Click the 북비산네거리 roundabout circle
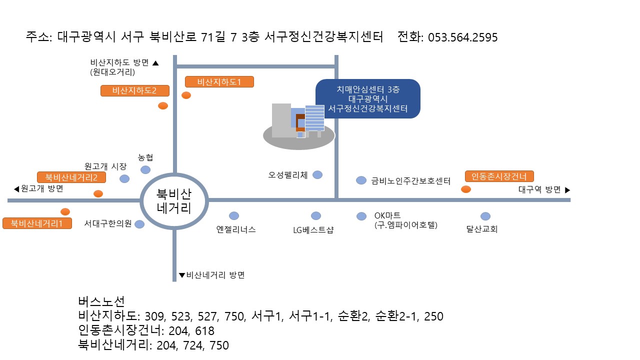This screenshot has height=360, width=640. click(x=174, y=200)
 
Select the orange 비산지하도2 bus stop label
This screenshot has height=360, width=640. click(x=135, y=91)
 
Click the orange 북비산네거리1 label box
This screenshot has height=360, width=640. click(x=37, y=223)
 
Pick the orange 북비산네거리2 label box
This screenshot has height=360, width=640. click(x=71, y=177)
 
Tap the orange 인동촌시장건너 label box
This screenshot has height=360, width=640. click(x=499, y=176)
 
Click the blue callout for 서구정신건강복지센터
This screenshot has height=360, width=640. click(x=367, y=98)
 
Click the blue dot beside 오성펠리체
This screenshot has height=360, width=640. click(x=317, y=174)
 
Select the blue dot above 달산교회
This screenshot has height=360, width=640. click(x=485, y=216)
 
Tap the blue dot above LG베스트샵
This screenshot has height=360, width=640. click(x=316, y=215)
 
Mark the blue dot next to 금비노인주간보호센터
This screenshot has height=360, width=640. click(x=361, y=180)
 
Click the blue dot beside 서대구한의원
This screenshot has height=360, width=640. click(x=139, y=224)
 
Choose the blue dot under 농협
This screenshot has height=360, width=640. click(x=145, y=169)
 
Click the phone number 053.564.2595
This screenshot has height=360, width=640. click(x=463, y=37)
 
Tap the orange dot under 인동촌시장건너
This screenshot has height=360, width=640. click(x=465, y=189)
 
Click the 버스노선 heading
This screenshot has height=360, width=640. click(x=101, y=301)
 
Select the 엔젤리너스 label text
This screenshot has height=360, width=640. click(x=236, y=229)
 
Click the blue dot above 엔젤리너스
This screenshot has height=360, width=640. click(x=234, y=215)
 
